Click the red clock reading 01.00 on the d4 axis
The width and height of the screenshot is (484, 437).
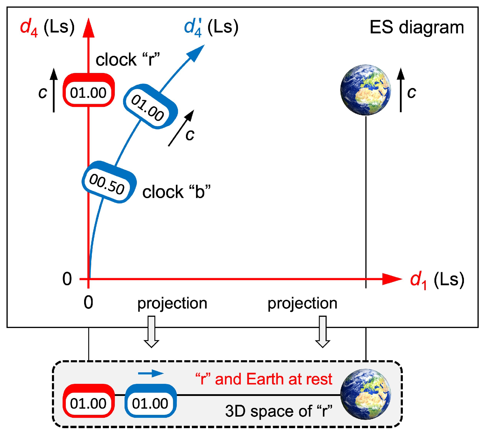click(x=89, y=90)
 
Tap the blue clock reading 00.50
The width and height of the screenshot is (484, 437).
click(x=109, y=182)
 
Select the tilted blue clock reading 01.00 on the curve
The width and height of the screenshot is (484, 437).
click(x=150, y=107)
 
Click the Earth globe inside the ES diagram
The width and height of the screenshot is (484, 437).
click(x=366, y=90)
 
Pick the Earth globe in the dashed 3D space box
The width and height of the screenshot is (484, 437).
click(x=366, y=394)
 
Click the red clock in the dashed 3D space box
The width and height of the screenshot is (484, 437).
click(x=89, y=401)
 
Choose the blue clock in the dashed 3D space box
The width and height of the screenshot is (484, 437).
click(x=151, y=401)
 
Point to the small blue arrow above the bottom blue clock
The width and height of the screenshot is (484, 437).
click(x=151, y=374)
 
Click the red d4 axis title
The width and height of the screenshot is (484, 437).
click(x=47, y=27)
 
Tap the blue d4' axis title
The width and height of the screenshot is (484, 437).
click(x=211, y=27)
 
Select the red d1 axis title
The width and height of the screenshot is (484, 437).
click(x=437, y=280)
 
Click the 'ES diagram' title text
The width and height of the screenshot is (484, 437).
click(x=417, y=27)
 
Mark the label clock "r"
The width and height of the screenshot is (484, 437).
click(x=128, y=60)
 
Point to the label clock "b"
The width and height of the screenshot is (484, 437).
click(x=176, y=192)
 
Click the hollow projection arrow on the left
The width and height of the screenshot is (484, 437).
click(x=151, y=332)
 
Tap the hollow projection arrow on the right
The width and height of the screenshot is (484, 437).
click(x=323, y=332)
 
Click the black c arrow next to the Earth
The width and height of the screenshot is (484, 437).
click(x=400, y=90)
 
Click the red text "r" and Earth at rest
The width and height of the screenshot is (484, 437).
click(x=264, y=379)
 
